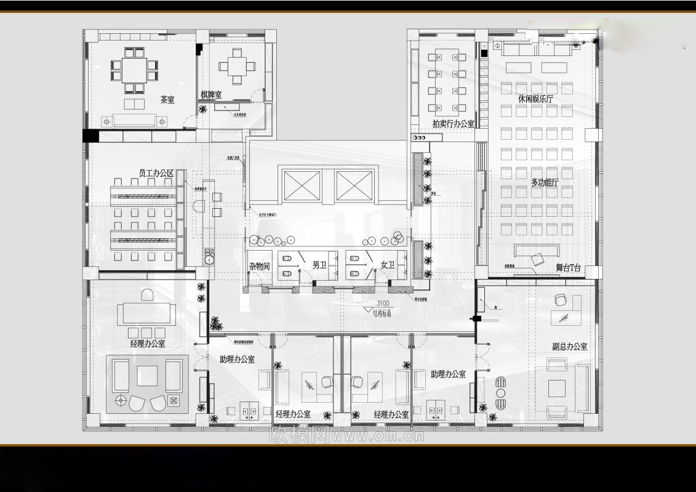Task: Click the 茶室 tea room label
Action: pyautogui.click(x=167, y=100)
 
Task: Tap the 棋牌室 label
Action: pyautogui.click(x=211, y=95)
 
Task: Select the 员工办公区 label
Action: pyautogui.click(x=156, y=174)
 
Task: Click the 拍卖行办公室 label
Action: pyautogui.click(x=454, y=124)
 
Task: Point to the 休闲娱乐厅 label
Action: pyautogui.click(x=535, y=99)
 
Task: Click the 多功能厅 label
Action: pyautogui.click(x=545, y=183)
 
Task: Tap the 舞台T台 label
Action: pyautogui.click(x=569, y=268)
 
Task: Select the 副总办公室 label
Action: pyautogui.click(x=569, y=347)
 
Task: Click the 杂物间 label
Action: pyautogui.click(x=260, y=266)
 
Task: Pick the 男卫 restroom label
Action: pyautogui.click(x=319, y=265)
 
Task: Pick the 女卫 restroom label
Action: pyautogui.click(x=388, y=265)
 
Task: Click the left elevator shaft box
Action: pyautogui.click(x=302, y=185)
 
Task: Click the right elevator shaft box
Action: pyautogui.click(x=355, y=185)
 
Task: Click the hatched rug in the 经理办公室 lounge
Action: pyautogui.click(x=147, y=384)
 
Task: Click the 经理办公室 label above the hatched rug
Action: pyautogui.click(x=148, y=344)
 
